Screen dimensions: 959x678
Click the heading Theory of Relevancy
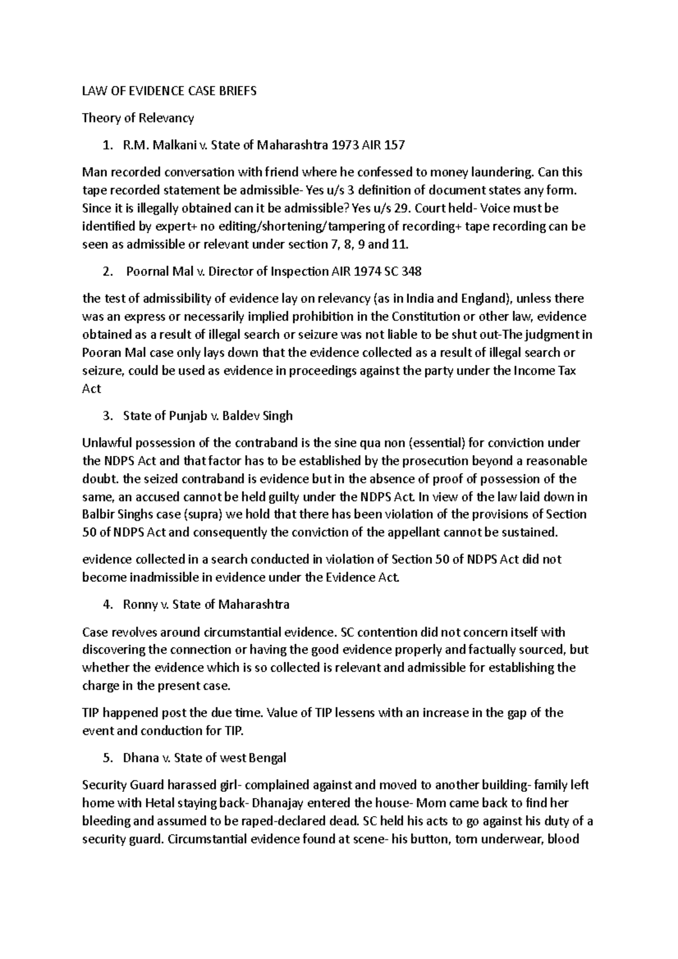click(x=138, y=118)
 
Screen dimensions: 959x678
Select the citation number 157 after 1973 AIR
click(x=394, y=145)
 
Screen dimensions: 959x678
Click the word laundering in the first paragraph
click(x=505, y=172)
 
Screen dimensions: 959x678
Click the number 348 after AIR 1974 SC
click(x=411, y=272)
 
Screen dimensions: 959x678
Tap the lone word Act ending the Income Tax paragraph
click(x=92, y=389)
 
